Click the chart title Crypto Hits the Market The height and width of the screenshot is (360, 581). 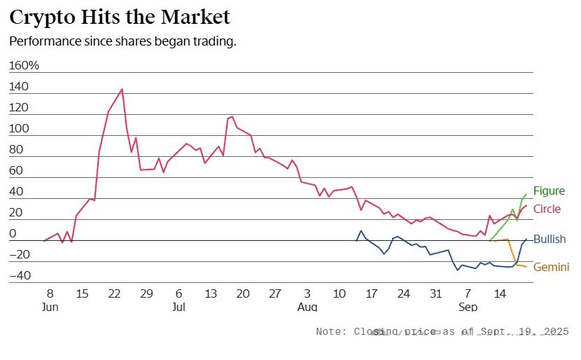pos(120,17)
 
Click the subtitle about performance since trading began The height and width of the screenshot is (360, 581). pos(122,41)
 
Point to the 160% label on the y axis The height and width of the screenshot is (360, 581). pos(24,66)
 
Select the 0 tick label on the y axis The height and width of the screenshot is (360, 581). pos(13,234)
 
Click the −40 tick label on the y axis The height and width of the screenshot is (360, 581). pos(19,276)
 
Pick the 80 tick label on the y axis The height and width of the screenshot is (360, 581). pos(16,150)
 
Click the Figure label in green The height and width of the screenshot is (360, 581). pos(549,191)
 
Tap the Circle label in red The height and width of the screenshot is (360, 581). pos(547,209)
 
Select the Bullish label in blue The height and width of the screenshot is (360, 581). pos(549,240)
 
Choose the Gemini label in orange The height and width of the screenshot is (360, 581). pos(551,268)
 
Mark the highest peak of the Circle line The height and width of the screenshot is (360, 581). pos(122,89)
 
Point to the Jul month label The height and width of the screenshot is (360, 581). pos(178,307)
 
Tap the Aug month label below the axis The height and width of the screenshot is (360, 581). pos(307,307)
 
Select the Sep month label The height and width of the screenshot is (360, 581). pos(468,307)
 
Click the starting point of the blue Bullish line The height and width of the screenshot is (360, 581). pos(356,241)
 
